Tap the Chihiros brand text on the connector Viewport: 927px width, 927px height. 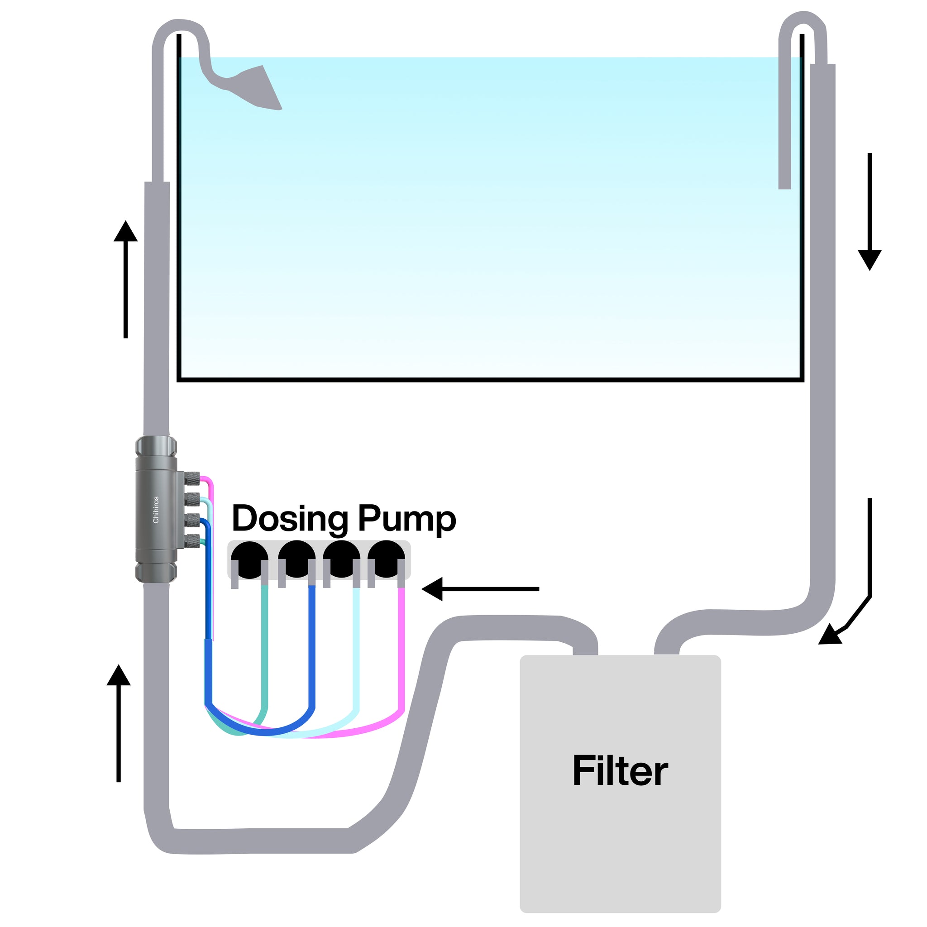tap(155, 510)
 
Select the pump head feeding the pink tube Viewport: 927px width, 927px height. tap(386, 559)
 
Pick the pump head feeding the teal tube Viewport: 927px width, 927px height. tap(249, 559)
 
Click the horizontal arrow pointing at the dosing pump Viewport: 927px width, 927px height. tap(480, 589)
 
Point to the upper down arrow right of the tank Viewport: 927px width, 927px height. tap(870, 211)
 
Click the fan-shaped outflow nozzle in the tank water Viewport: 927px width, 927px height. tap(257, 89)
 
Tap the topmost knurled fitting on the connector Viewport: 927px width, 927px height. tap(191, 477)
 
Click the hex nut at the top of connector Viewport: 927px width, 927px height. tap(156, 446)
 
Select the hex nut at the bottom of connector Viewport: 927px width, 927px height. tap(156, 572)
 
